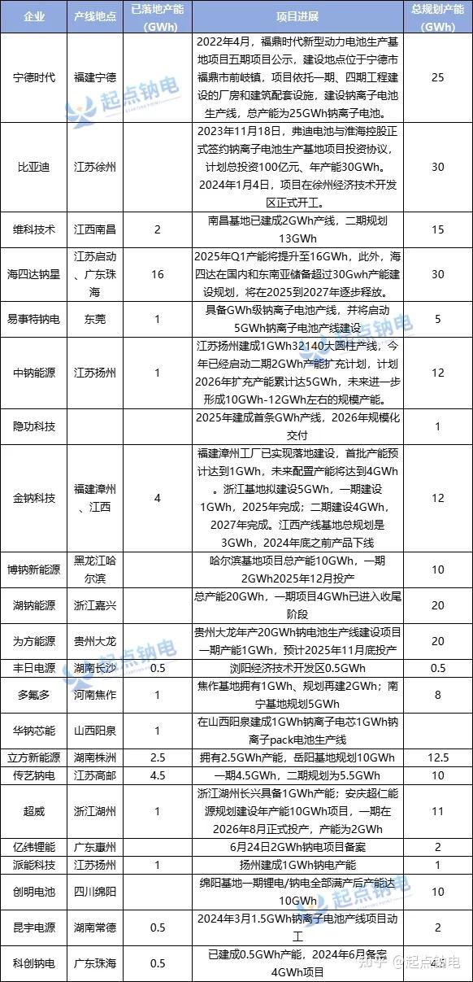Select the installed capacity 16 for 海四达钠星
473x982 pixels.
point(158,274)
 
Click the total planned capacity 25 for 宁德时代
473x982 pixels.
point(438,77)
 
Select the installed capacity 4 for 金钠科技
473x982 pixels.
point(158,497)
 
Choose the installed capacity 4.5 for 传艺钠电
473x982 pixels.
point(158,775)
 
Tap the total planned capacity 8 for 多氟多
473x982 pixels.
point(438,695)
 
